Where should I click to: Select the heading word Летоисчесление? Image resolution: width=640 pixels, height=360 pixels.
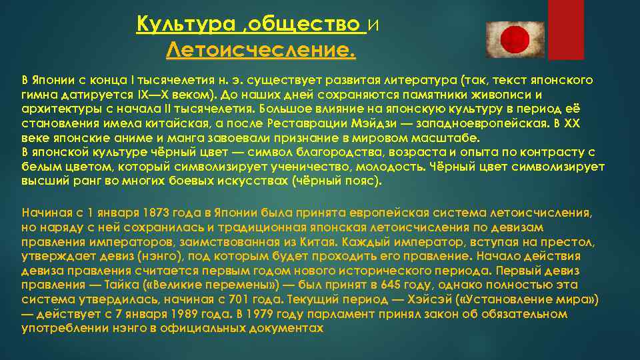[x=261, y=49]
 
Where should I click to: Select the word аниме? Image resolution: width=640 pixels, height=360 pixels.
[x=111, y=139]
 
